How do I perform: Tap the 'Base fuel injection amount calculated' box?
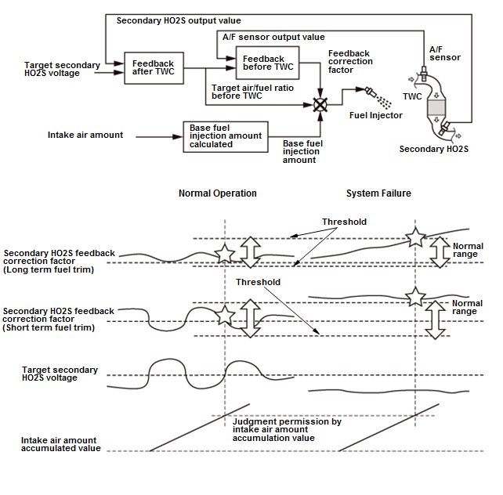tap(226, 135)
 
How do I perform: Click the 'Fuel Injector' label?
tap(375, 115)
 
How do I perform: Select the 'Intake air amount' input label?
tap(85, 135)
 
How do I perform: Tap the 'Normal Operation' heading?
tap(217, 193)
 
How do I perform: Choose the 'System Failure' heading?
tap(378, 193)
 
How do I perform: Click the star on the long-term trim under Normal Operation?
tap(225, 253)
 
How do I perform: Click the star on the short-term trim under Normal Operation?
tap(225, 316)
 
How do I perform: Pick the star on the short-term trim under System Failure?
tap(414, 297)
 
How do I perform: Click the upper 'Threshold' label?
tap(344, 222)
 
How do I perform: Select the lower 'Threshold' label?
tap(259, 282)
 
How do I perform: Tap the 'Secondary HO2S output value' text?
tap(179, 20)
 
